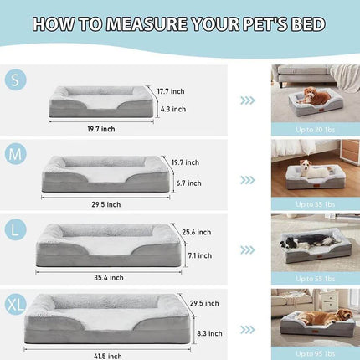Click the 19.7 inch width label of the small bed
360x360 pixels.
(x=100, y=130)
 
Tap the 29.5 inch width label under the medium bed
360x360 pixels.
(x=105, y=203)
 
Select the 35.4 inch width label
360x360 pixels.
(x=108, y=277)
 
